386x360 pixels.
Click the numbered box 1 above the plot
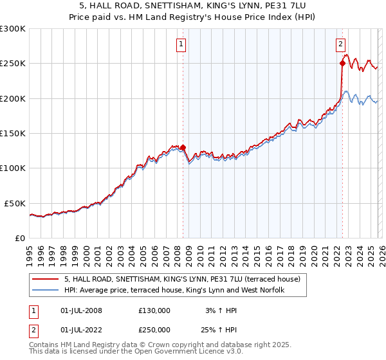click(181, 44)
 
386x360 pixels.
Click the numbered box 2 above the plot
click(340, 44)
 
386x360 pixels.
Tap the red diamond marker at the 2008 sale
click(183, 147)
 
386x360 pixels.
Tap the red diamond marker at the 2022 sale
click(342, 64)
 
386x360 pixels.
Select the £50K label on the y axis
click(15, 203)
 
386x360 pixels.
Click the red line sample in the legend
click(46, 280)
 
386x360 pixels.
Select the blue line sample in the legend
click(46, 291)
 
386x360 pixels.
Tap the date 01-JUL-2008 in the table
click(80, 310)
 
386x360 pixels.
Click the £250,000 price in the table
click(154, 330)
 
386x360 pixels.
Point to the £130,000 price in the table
click(154, 310)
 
